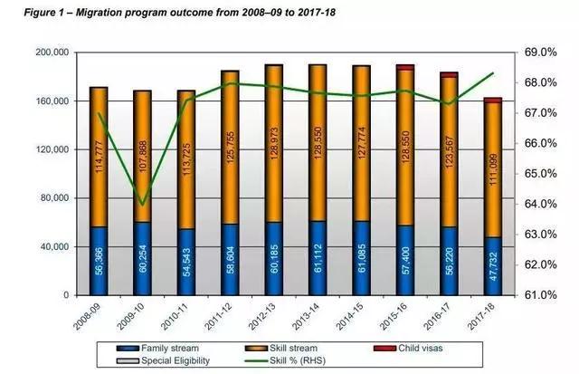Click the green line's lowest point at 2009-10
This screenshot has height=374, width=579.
pyautogui.click(x=143, y=204)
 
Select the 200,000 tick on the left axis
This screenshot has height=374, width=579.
pyautogui.click(x=51, y=53)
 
